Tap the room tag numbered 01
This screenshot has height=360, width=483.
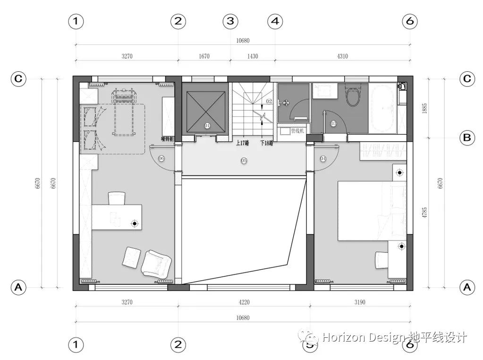click(x=207, y=125)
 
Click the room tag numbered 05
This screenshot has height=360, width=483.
click(x=244, y=161)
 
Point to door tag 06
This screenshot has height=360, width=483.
click(x=161, y=159)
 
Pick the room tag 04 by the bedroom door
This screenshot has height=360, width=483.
click(x=323, y=159)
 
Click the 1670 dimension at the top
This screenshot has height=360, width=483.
click(x=203, y=56)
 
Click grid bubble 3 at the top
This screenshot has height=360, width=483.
click(x=230, y=21)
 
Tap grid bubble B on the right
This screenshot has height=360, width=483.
click(x=467, y=138)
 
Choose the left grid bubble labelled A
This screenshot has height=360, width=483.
click(x=18, y=286)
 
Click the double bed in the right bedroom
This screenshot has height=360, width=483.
click(x=371, y=212)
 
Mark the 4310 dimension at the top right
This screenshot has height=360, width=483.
click(x=342, y=56)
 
